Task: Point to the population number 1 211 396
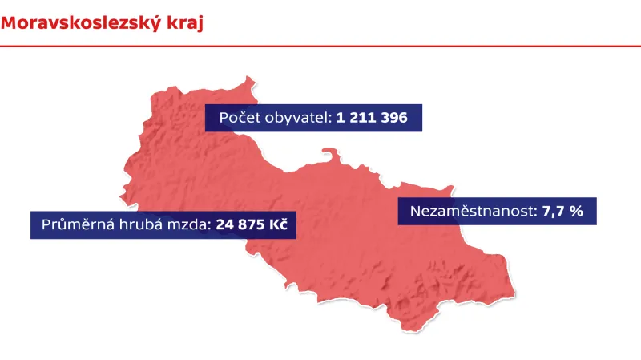pos(372,119)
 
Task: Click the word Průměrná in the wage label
pos(76,225)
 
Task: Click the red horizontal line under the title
pos(320,47)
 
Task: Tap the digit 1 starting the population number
pos(341,119)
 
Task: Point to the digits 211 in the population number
pos(362,119)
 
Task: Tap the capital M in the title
pos(10,23)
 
